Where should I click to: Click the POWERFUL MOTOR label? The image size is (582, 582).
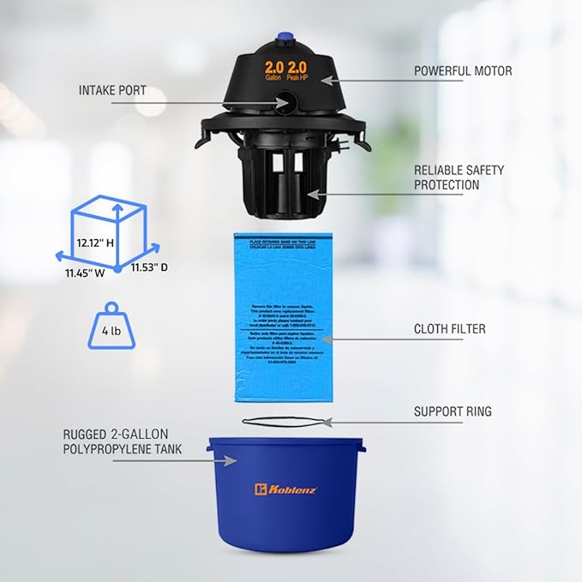click(x=463, y=71)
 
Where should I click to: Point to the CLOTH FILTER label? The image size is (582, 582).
click(x=449, y=328)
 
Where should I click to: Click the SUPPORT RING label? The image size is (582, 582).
click(x=453, y=411)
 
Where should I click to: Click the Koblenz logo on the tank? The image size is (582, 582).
click(x=287, y=489)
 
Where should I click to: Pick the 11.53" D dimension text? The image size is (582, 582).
click(x=149, y=267)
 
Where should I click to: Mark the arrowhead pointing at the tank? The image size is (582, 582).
click(x=230, y=460)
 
